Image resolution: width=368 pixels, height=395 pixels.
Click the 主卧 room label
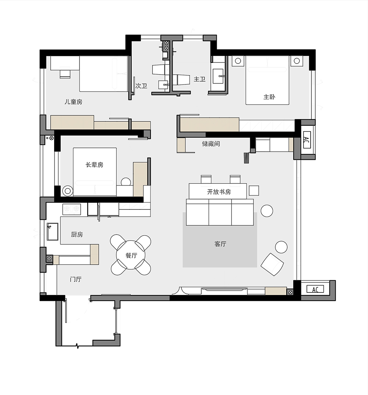(x=269, y=97)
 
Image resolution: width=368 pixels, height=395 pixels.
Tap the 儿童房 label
(x=73, y=102)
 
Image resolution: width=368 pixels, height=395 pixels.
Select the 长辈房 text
(x=94, y=165)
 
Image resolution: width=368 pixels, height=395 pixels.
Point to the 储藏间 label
(x=211, y=144)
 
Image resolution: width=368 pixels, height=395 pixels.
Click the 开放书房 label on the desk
(x=219, y=192)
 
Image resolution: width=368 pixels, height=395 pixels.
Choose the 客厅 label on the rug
(x=220, y=244)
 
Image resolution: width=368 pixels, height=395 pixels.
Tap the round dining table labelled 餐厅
(x=131, y=255)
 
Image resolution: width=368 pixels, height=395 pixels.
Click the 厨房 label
(x=77, y=234)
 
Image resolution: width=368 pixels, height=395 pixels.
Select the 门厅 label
(x=75, y=279)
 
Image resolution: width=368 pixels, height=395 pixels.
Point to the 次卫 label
(x=141, y=86)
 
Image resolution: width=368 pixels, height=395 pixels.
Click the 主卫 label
(x=199, y=79)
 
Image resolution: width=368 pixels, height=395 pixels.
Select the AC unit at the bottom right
(x=315, y=289)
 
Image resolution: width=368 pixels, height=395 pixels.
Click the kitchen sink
(x=53, y=231)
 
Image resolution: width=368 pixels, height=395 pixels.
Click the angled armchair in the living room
(x=272, y=265)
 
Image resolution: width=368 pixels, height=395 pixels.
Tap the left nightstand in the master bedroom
(x=238, y=61)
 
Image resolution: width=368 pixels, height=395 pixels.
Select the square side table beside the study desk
(x=254, y=191)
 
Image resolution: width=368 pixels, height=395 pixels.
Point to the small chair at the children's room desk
(x=65, y=74)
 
